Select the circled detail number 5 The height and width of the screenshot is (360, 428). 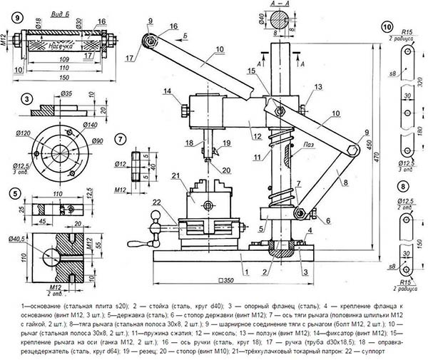pos(14,192)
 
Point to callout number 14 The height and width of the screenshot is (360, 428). pos(167,91)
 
